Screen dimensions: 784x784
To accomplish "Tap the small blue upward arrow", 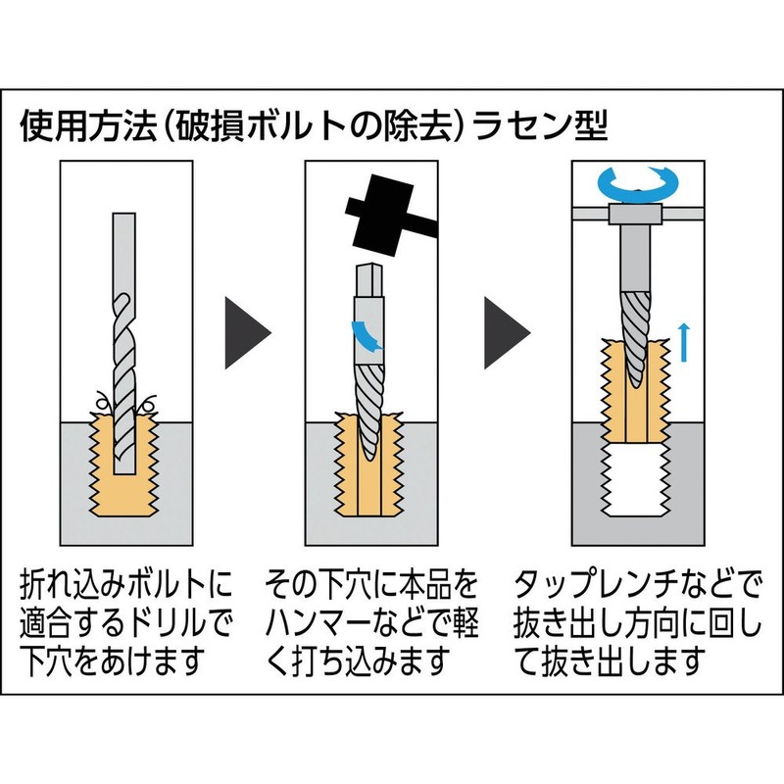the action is [x=684, y=342].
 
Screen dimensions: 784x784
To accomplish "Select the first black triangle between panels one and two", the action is [x=247, y=333].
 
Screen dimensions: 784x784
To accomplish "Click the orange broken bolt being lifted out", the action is [x=635, y=390].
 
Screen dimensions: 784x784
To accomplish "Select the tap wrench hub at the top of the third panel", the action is [x=633, y=214].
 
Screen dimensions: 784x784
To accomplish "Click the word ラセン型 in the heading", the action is [x=540, y=125].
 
